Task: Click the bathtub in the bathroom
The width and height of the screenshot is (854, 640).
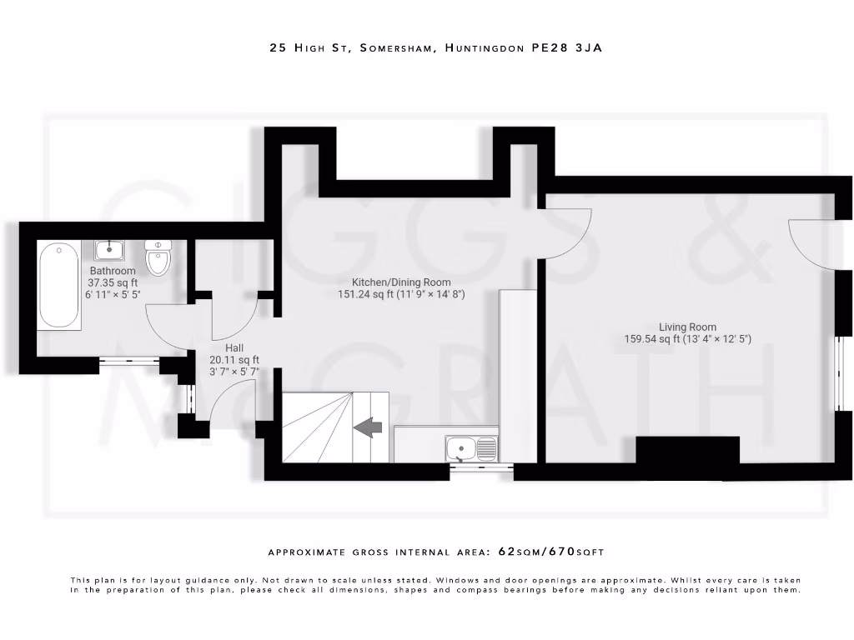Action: pos(59,285)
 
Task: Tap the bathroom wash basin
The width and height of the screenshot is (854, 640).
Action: pos(109,249)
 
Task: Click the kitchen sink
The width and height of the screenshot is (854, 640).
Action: pos(471,450)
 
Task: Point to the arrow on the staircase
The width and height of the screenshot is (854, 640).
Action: pos(368,427)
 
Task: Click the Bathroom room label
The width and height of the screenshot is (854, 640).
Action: pos(113,271)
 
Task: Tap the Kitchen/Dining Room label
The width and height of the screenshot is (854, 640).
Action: pos(400,282)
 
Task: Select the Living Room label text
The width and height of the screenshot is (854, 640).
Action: pos(687,327)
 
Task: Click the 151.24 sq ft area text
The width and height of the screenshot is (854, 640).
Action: pos(368,294)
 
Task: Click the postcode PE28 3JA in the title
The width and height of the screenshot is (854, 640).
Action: pos(566,48)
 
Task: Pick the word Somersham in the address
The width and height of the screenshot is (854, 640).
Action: pos(396,48)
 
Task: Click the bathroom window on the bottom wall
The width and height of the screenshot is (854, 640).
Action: pos(129,361)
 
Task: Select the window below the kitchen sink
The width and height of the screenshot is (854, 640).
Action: pos(481,468)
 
